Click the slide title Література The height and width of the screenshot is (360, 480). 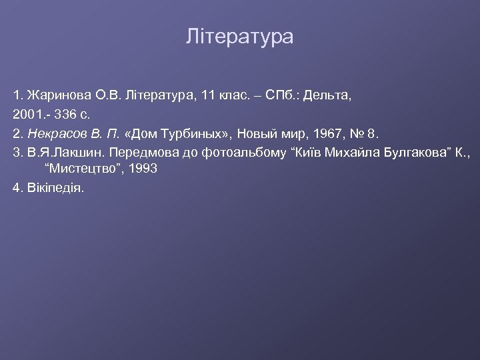[x=239, y=37]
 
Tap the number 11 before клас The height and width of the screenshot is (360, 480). [x=209, y=96]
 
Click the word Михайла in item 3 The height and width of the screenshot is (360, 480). [x=333, y=153]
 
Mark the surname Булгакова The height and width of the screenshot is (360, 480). [x=390, y=153]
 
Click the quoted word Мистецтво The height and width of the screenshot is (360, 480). [x=81, y=169]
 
